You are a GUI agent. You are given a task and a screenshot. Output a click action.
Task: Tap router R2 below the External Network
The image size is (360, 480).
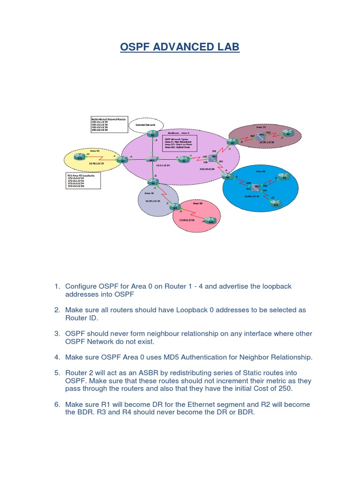pos(151,135)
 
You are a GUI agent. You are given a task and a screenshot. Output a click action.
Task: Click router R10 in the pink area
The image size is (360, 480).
pos(210,221)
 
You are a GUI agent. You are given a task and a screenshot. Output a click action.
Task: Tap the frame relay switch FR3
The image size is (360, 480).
pos(257,187)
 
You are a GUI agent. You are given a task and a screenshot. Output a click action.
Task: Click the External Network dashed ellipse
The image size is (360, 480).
pos(145,125)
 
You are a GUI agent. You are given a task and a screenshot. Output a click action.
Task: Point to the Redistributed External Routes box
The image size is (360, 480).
pos(108,124)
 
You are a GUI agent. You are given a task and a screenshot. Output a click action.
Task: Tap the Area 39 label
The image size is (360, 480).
pos(149,193)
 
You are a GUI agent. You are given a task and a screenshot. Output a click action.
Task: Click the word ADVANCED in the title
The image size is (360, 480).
pos(184,47)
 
